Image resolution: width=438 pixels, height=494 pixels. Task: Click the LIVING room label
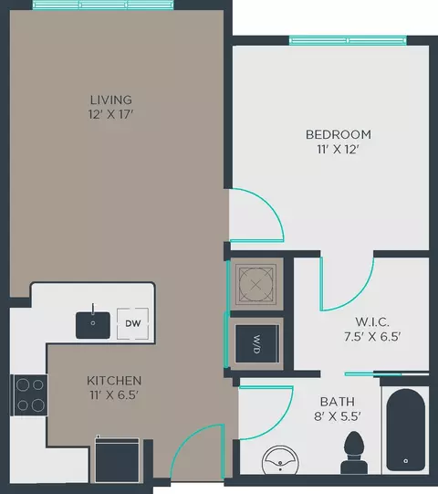point(110,100)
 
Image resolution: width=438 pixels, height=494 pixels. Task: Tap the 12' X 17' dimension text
point(110,114)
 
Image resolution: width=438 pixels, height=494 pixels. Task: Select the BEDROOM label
point(339,134)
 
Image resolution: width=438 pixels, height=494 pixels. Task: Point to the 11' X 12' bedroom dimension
point(339,149)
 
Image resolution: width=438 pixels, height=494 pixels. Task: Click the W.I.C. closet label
point(372,322)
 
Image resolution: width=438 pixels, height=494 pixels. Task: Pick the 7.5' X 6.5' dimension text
point(372,337)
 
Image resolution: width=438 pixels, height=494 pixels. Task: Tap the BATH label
point(338,402)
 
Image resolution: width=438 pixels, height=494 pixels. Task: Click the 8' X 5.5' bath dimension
point(338,416)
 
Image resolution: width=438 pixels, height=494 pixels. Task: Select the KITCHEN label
point(114,381)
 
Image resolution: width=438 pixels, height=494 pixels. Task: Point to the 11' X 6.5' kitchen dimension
point(114,395)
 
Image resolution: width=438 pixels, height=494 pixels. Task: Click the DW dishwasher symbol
point(132,323)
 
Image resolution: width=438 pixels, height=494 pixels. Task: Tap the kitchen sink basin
point(93,325)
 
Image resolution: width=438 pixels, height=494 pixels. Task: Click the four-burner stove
point(29,394)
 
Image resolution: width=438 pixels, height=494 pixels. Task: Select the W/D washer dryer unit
point(257,343)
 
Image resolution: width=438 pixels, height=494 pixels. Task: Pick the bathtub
point(405,430)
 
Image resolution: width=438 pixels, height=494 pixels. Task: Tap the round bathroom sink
point(280,459)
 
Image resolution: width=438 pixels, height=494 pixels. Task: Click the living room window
point(103,5)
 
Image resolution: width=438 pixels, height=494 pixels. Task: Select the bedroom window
point(348,41)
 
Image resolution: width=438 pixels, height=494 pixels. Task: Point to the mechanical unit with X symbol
point(256,285)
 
